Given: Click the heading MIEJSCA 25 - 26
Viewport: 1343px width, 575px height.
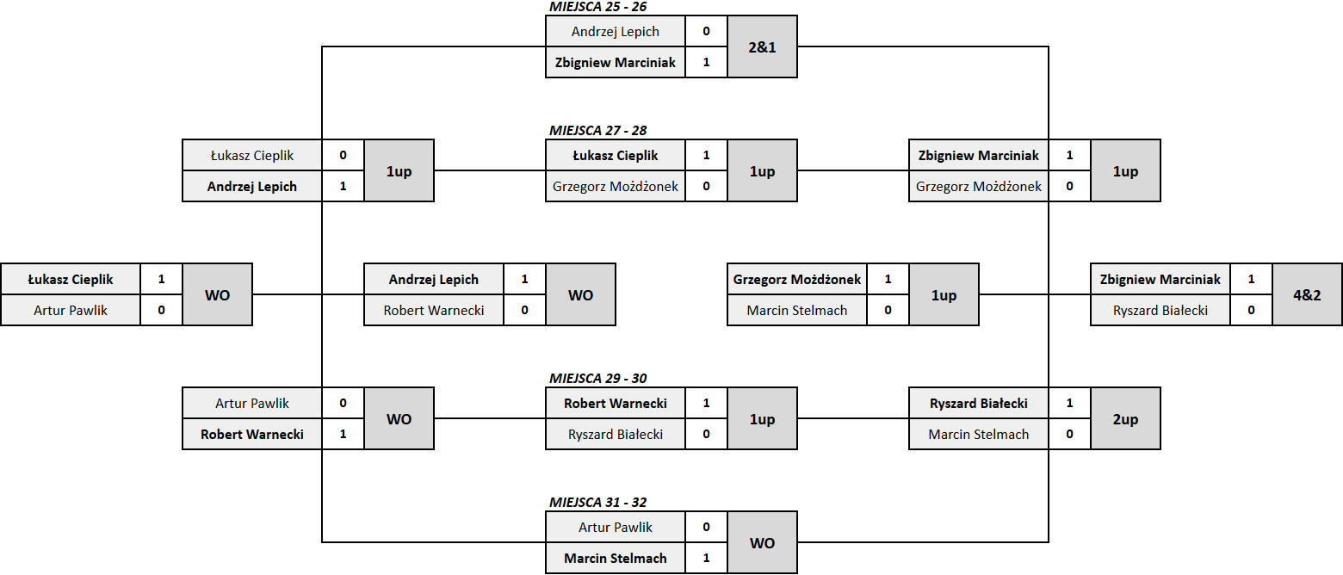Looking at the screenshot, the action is [x=597, y=7].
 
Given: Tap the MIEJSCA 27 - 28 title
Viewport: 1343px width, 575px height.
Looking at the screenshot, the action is [x=597, y=131].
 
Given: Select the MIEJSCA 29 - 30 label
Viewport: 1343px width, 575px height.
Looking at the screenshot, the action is [x=597, y=379].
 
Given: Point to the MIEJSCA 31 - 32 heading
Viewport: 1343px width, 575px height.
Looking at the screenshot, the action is [x=597, y=503].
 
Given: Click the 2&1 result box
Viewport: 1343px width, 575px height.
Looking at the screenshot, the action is [x=762, y=46].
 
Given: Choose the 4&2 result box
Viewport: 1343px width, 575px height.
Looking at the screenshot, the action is [x=1307, y=295].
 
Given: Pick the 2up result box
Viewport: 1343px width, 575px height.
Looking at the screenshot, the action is [x=1125, y=419].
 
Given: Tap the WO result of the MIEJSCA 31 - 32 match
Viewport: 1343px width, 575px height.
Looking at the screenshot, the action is [x=762, y=542].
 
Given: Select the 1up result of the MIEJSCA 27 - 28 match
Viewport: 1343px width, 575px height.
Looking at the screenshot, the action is [x=762, y=171].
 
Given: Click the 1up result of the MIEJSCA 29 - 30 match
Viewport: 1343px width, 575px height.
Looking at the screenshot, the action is [x=762, y=419].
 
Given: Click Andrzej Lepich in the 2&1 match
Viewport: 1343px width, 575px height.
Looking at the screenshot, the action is [x=616, y=32].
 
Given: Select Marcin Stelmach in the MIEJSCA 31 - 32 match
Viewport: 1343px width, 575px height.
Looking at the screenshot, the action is [x=616, y=558].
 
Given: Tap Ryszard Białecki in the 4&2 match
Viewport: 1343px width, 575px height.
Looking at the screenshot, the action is [x=1160, y=311].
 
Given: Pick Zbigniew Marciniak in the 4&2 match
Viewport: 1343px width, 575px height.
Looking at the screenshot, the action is [x=1160, y=280].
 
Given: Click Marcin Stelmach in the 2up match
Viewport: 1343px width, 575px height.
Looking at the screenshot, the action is [x=979, y=434].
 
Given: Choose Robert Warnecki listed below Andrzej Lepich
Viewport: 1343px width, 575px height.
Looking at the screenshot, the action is [x=434, y=311].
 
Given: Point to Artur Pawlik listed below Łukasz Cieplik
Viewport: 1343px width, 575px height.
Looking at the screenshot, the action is [x=70, y=311].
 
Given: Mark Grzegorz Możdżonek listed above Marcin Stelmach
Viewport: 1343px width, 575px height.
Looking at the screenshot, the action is [x=797, y=280].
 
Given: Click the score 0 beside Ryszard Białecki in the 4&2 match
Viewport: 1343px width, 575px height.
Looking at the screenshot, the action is [x=1251, y=310].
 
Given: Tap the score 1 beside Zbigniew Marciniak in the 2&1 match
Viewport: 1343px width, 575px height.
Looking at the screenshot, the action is [x=706, y=62].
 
